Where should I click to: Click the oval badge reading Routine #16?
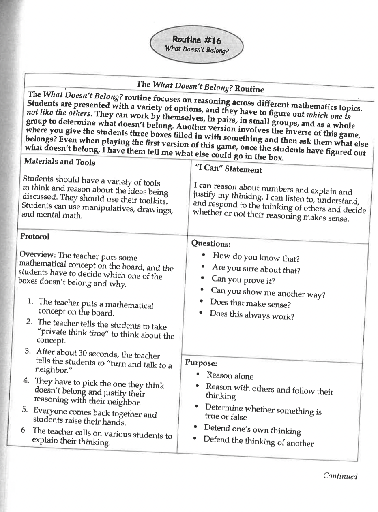pyautogui.click(x=197, y=44)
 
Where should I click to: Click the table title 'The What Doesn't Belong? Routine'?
pyautogui.click(x=200, y=86)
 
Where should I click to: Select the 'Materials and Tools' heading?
pyautogui.click(x=60, y=162)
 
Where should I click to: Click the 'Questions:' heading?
pyautogui.click(x=210, y=243)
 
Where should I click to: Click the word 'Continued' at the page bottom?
pyautogui.click(x=340, y=476)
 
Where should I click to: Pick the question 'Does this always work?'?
pyautogui.click(x=251, y=315)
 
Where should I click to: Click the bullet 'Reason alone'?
pyautogui.click(x=230, y=375)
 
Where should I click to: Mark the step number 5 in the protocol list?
pyautogui.click(x=25, y=409)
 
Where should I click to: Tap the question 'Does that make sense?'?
pyautogui.click(x=250, y=303)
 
